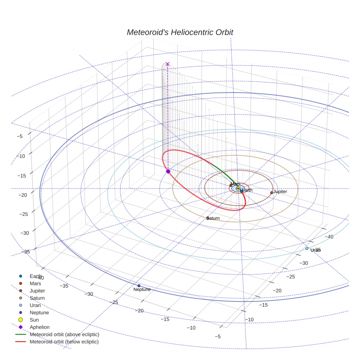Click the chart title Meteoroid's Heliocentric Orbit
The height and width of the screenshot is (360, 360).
[180, 32]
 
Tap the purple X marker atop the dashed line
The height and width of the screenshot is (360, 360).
[168, 64]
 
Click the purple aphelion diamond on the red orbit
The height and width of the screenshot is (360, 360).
[168, 171]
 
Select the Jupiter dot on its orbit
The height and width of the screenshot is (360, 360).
[271, 192]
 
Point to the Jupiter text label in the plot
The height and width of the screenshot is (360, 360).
[280, 191]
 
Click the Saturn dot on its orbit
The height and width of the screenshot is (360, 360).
[208, 218]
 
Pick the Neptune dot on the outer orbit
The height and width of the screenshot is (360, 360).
[139, 286]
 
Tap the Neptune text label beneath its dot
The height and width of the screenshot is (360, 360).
[142, 289]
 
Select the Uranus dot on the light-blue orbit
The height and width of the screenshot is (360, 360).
[307, 248]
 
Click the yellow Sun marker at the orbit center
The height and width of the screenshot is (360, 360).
[238, 188]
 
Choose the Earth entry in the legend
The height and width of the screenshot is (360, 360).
[35, 276]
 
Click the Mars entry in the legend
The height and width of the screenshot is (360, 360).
[35, 284]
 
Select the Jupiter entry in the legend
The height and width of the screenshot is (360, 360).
[37, 291]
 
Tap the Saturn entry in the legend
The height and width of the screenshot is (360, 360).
[37, 298]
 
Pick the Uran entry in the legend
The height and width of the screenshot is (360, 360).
[35, 305]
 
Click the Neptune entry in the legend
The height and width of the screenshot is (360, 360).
[39, 313]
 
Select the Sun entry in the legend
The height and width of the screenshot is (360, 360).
[34, 320]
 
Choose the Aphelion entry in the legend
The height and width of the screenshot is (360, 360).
[40, 327]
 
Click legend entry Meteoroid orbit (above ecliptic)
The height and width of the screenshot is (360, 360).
[64, 334]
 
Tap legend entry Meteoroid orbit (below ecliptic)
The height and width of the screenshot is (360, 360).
[64, 342]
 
